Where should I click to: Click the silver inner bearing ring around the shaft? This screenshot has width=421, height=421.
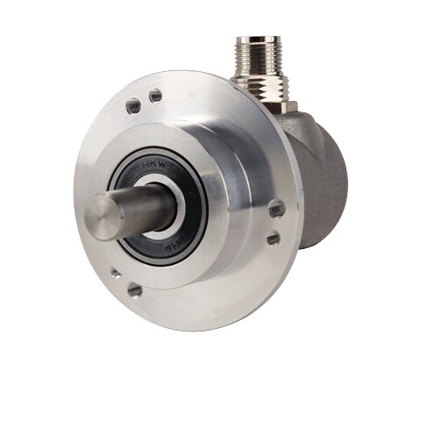tap(175, 219)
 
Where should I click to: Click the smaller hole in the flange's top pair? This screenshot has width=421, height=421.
tap(155, 96)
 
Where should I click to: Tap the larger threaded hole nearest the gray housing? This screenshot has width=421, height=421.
tap(275, 209)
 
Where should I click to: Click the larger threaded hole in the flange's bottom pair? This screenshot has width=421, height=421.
tap(134, 289)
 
